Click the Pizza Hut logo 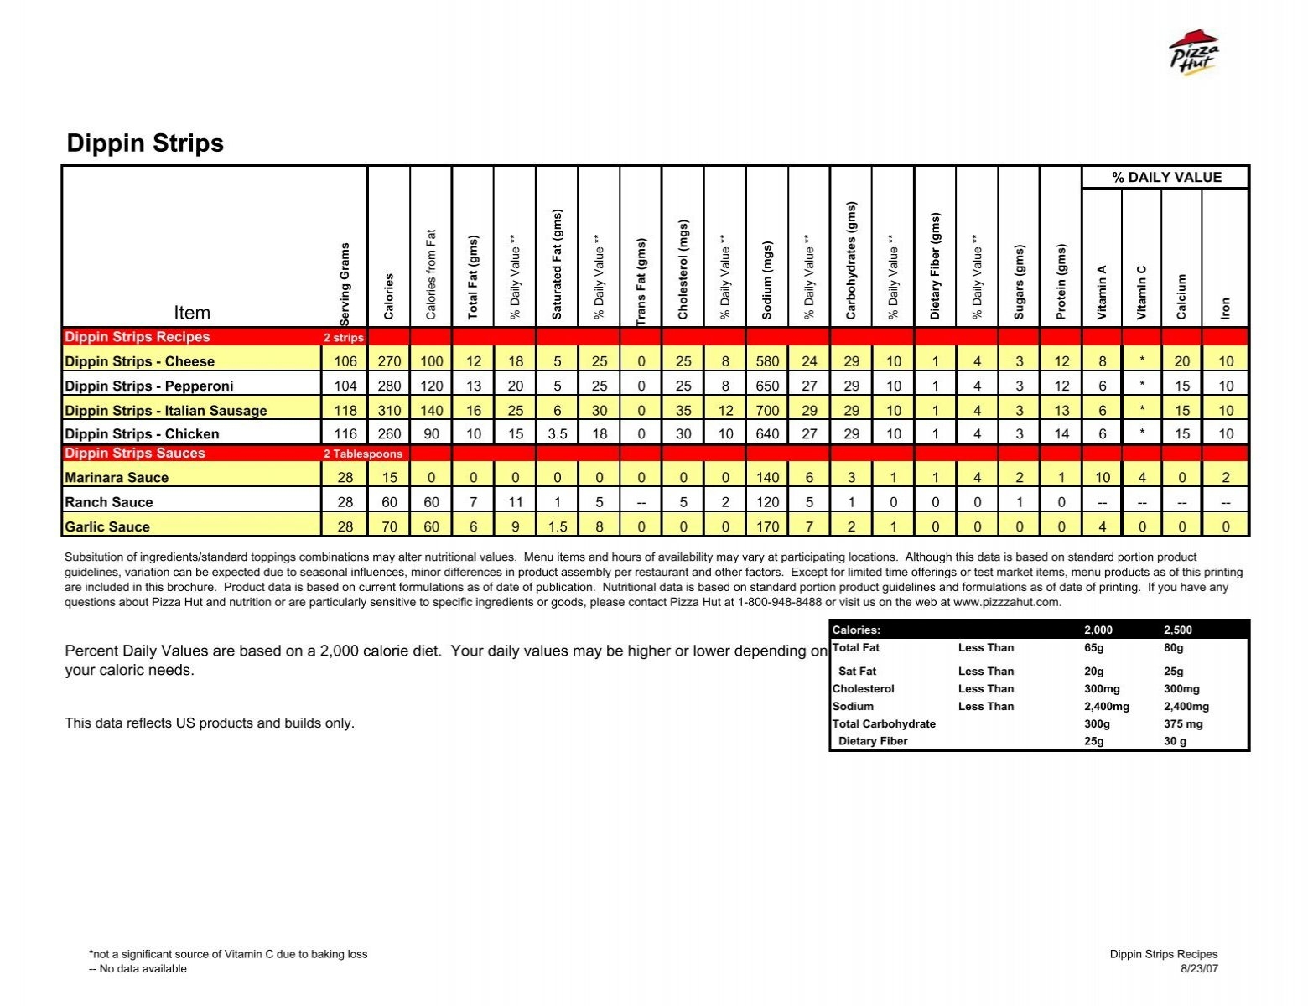point(1193,54)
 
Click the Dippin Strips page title point(145,143)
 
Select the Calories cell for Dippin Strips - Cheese point(389,361)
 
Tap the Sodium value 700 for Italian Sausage point(767,411)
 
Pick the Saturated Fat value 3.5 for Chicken point(558,434)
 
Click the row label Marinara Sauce point(117,478)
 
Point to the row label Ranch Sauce point(109,502)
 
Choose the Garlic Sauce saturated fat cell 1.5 point(558,526)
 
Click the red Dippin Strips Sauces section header point(135,454)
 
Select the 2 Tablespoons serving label point(363,454)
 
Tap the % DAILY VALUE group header point(1166,178)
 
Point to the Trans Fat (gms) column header point(641,282)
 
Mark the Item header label point(192,313)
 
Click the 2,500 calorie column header point(1177,630)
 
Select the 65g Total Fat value point(1093,648)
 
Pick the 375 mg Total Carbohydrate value point(1183,724)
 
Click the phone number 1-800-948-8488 point(779,602)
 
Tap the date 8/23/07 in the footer point(1199,969)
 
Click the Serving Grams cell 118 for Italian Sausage point(345,411)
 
